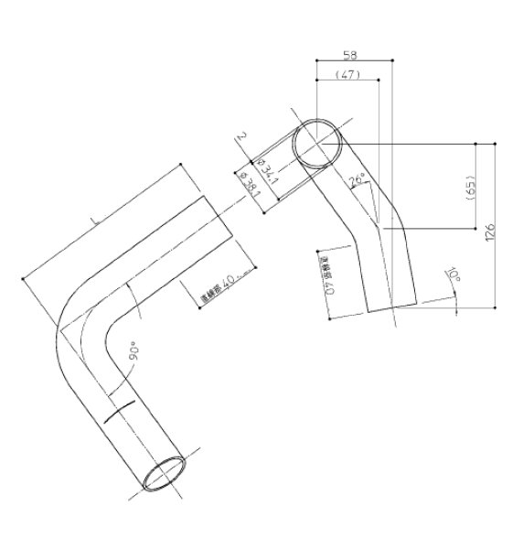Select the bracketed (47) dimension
[347, 74]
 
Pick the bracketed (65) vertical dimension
[470, 188]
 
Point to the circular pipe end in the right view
[317, 142]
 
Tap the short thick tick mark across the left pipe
[122, 410]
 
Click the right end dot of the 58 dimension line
[392, 60]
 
